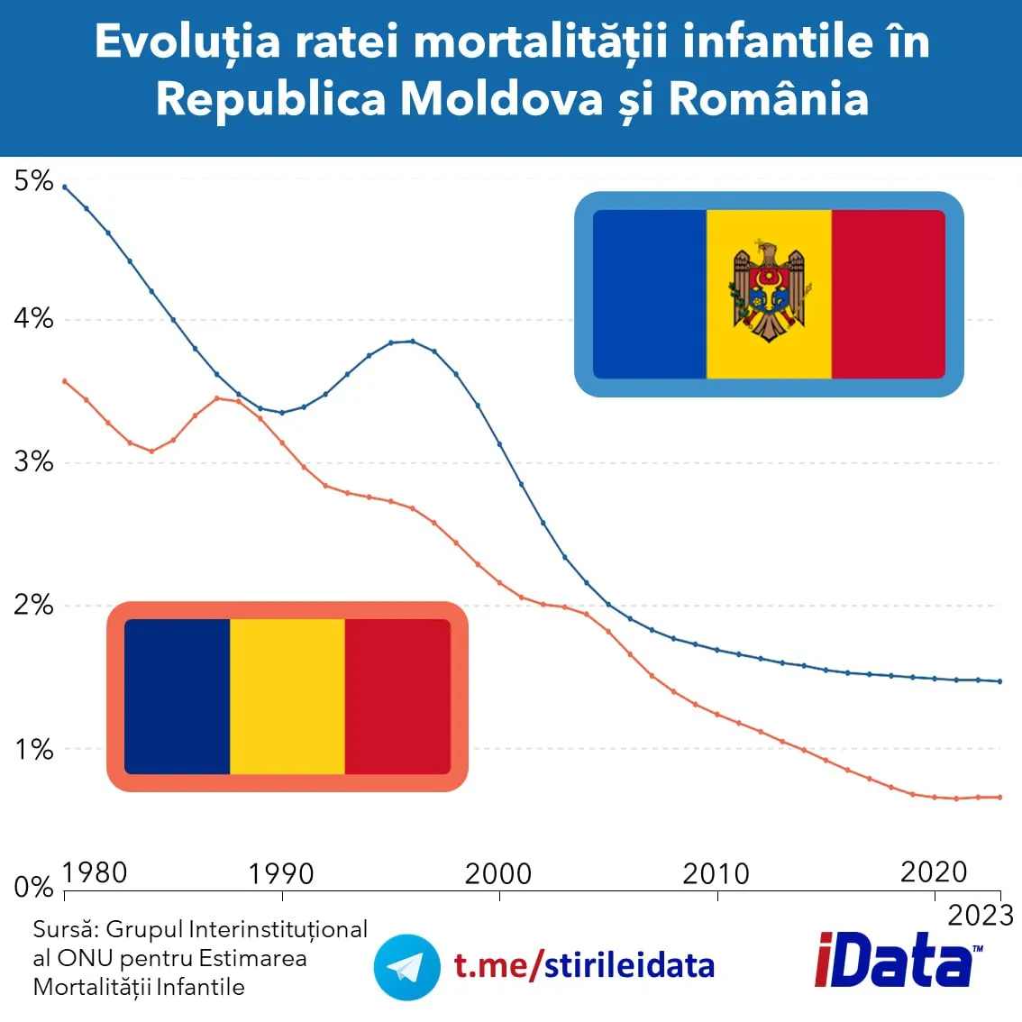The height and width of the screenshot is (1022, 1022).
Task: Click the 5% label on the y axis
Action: pos(33,181)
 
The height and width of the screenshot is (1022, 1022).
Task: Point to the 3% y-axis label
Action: pos(33,462)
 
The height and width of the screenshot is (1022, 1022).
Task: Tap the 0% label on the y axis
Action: pos(33,888)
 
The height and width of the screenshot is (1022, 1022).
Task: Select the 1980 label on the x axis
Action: pos(95,872)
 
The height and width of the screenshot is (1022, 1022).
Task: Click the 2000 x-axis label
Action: pos(498,873)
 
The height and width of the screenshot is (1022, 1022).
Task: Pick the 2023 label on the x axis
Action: pos(981,916)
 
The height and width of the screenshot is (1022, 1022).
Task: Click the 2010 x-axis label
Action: pos(716,873)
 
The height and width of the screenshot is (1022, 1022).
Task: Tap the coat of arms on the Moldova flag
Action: pos(768,291)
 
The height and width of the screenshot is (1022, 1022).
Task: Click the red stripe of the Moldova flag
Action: pos(888,294)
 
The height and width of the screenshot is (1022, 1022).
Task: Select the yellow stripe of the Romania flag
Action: pos(287,697)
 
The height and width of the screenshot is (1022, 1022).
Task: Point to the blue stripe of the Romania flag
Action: pos(178,697)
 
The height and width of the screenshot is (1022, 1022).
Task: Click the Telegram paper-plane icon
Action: pos(406,967)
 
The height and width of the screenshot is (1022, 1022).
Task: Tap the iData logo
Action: pos(897,961)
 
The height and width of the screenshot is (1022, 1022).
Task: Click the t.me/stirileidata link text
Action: pos(584,965)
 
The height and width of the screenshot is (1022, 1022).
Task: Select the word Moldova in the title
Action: pos(501,98)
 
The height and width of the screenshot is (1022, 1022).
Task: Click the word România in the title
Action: pos(768,98)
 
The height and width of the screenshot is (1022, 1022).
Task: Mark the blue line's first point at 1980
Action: pos(65,187)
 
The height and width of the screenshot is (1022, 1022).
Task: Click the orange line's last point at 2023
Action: pos(999,797)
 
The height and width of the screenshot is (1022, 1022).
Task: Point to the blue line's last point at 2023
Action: pos(999,681)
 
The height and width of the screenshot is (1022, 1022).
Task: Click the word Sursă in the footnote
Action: pos(65,929)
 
